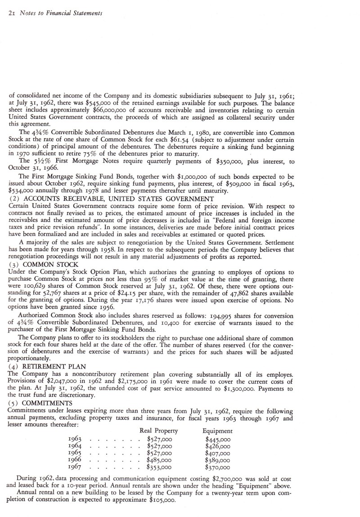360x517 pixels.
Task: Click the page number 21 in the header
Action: [11, 13]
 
